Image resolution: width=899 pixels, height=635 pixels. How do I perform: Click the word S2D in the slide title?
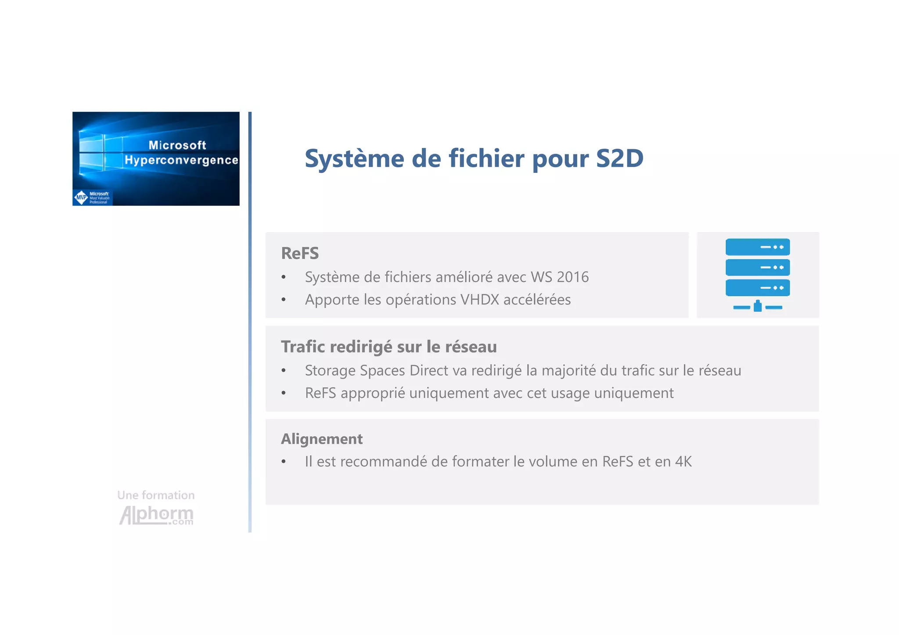pos(619,158)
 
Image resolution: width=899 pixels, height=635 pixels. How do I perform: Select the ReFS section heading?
pos(300,253)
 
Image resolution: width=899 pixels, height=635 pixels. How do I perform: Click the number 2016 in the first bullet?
pos(572,277)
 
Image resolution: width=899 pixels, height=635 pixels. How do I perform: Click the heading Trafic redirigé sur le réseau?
pos(388,347)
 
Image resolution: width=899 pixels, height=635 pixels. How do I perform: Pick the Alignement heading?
pos(322,439)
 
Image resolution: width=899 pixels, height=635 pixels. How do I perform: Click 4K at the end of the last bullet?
pos(683,462)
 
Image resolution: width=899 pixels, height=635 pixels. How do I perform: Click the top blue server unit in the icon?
pos(757,247)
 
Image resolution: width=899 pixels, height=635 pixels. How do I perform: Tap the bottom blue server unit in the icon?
pos(757,288)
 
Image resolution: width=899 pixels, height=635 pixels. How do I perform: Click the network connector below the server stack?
pos(757,306)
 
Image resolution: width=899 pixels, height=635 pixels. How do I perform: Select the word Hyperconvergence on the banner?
pos(181,160)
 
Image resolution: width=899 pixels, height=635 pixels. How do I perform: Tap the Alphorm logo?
pos(156,515)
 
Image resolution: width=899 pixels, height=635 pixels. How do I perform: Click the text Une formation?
pos(156,495)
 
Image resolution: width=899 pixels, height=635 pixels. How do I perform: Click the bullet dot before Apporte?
pos(284,300)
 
